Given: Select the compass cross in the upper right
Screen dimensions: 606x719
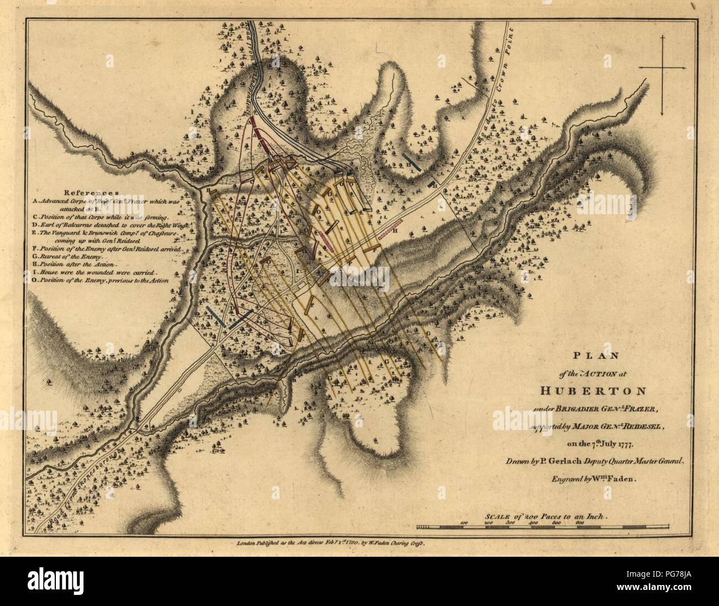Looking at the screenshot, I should [x=661, y=68].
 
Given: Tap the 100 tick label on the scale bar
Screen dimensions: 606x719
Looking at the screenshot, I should [x=465, y=522].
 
